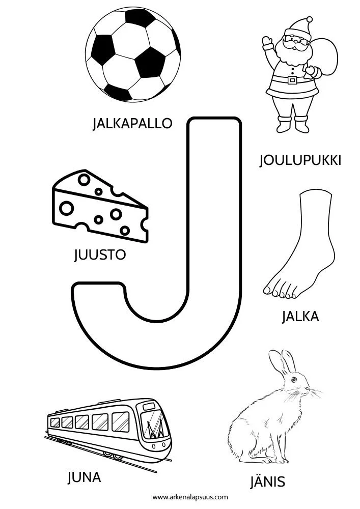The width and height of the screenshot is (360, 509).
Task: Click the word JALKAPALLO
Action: point(132,124)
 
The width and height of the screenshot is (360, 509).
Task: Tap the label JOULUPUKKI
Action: point(300,161)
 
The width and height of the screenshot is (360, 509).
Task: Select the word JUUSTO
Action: point(99,254)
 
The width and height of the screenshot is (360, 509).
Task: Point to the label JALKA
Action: point(300,317)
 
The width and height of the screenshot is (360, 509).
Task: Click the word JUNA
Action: point(84,477)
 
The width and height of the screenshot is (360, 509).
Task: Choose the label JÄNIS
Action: point(267,482)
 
